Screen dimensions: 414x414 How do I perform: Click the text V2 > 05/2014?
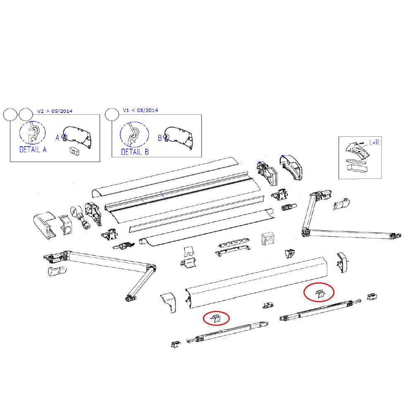point(55,111)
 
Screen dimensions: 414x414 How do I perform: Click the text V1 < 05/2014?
point(140,111)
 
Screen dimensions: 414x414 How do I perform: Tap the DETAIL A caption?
point(33,149)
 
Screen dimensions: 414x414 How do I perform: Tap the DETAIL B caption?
point(135,152)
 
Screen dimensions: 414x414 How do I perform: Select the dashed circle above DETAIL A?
point(33,132)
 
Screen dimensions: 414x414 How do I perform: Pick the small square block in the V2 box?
point(73,151)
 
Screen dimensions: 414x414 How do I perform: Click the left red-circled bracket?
point(216,318)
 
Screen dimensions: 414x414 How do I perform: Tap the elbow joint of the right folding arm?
point(306,232)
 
